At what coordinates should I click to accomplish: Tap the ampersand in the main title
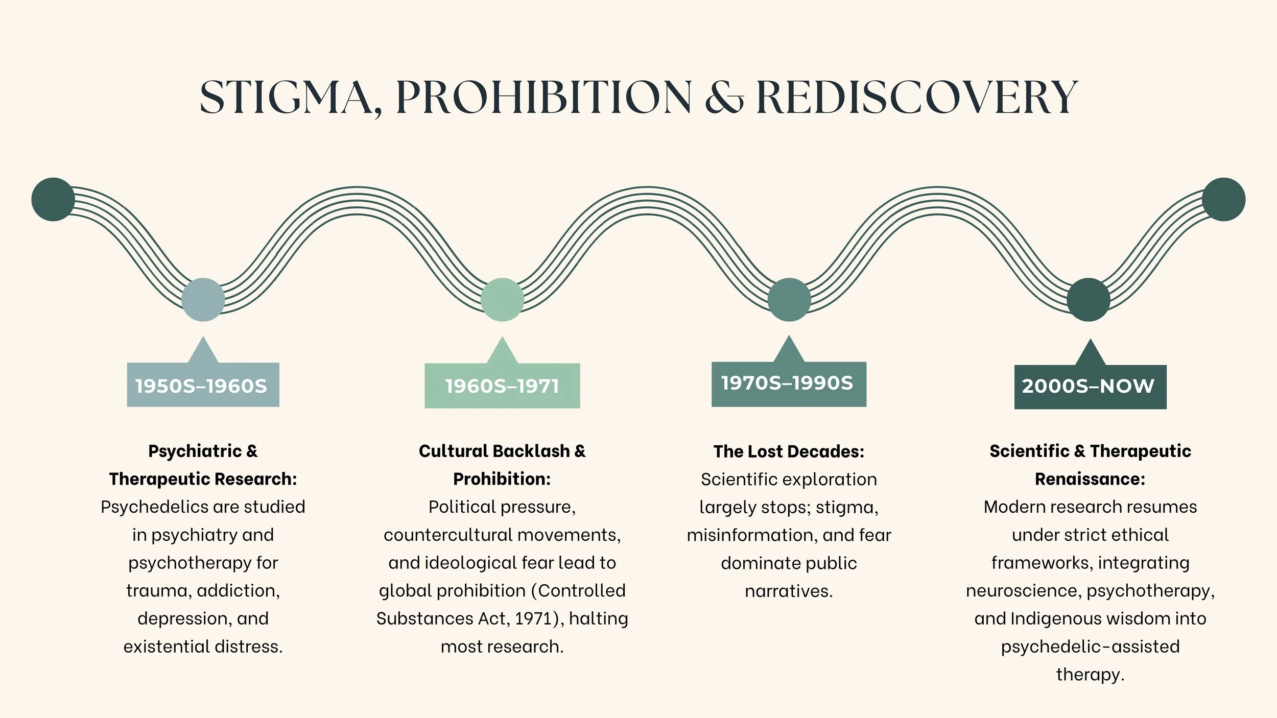coord(724,98)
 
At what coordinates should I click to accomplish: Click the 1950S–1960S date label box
coord(203,385)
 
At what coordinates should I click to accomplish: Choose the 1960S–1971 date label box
coord(502,386)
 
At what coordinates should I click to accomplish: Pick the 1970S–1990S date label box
coord(789,384)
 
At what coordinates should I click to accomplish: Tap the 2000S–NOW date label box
coord(1090,387)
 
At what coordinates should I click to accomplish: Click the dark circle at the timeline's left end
coord(53,199)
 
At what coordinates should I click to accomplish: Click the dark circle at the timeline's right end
coord(1223,199)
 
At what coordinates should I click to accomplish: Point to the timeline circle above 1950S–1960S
coord(203,299)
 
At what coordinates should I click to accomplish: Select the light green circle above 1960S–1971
coord(502,299)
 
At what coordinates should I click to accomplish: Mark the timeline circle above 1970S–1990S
coord(789,299)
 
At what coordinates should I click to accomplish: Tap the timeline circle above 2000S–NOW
coord(1089,299)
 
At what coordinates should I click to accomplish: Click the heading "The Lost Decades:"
coord(789,451)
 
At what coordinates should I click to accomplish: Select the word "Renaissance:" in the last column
coord(1090,479)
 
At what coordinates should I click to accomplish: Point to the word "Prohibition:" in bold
coord(502,479)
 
